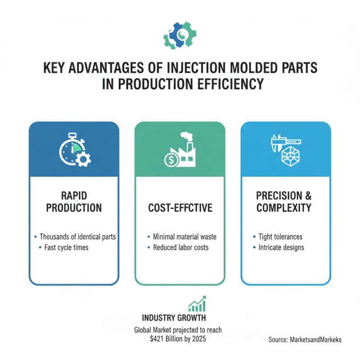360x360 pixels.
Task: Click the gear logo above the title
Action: pos(180,36)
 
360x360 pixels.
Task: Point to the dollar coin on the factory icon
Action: pos(170,158)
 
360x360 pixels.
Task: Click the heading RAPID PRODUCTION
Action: pos(74,202)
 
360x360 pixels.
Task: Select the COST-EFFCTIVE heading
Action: pos(180,208)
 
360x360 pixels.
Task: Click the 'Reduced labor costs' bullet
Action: pos(181,247)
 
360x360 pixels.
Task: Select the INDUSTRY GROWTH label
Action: pos(174,318)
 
